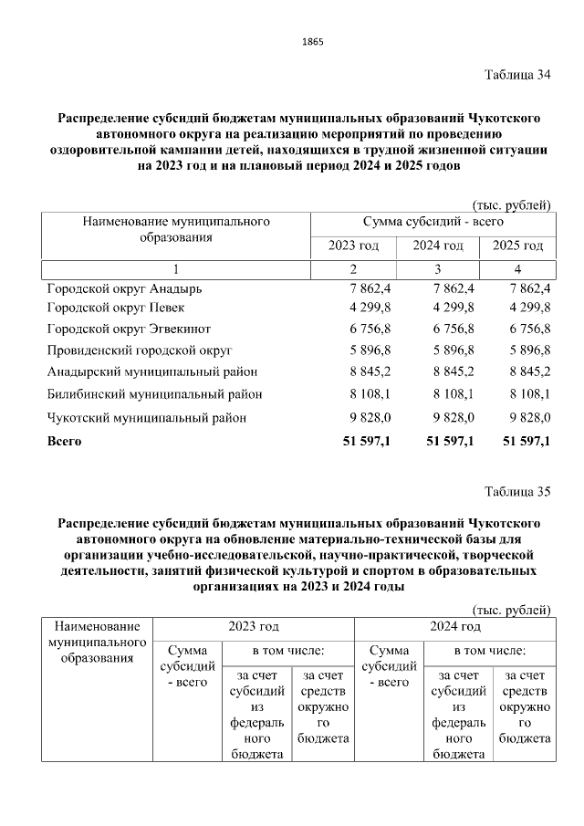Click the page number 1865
tap(312, 42)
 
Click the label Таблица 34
tap(517, 75)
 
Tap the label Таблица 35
tap(517, 493)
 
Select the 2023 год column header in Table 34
tap(353, 246)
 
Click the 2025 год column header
tap(517, 246)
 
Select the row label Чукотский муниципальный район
tap(147, 417)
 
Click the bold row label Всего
tap(64, 442)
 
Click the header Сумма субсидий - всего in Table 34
tap(433, 221)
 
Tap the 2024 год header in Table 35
tap(454, 627)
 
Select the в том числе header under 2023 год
tap(288, 651)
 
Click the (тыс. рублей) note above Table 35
tap(511, 610)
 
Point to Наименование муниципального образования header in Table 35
tap(97, 643)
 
